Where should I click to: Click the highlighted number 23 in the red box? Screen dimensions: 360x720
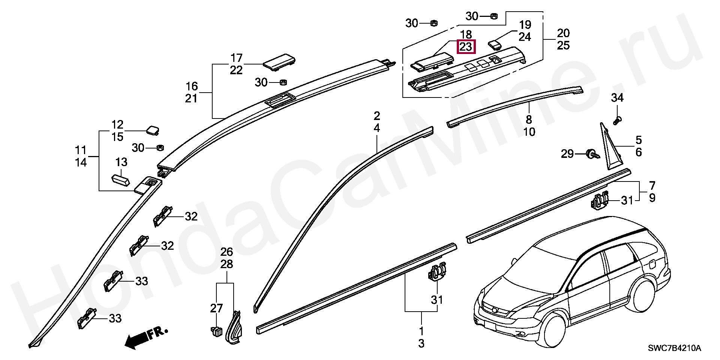(x=465, y=47)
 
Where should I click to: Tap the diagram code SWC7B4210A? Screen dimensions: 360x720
(x=674, y=348)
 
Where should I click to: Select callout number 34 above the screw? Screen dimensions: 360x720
(x=617, y=98)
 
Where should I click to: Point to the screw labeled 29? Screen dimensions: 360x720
(x=592, y=154)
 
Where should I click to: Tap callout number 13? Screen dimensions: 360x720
(x=121, y=162)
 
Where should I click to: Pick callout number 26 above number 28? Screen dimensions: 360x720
(x=226, y=252)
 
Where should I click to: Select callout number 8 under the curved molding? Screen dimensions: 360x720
(x=529, y=120)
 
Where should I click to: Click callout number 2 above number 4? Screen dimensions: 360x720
(x=376, y=115)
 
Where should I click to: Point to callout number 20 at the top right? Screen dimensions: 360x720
(x=563, y=33)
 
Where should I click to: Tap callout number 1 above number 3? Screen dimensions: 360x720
(x=421, y=331)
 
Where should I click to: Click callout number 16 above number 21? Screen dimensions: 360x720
(x=191, y=86)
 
